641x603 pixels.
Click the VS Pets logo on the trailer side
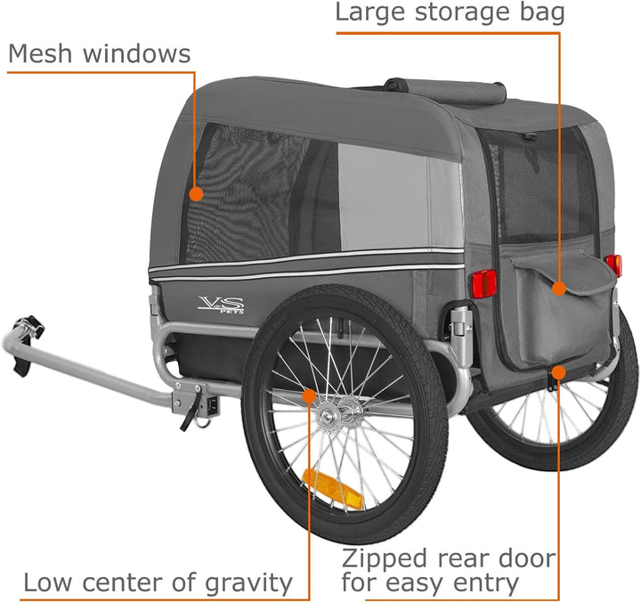coord(221,305)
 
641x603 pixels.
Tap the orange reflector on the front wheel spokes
coord(332,488)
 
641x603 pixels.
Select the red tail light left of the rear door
coord(484,283)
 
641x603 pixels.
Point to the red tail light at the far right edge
coord(613,265)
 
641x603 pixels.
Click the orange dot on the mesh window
coord(196,194)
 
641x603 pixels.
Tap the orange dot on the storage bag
coord(559,289)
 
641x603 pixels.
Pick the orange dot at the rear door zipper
coord(558,372)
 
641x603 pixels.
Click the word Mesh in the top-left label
coord(40,53)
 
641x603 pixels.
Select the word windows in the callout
coord(137,53)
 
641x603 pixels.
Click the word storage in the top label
coord(461,13)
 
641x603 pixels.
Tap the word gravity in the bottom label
coord(248,583)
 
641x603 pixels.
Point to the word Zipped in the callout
coord(385,558)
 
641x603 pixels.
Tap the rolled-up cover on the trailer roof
coord(445,91)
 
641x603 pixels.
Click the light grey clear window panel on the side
coord(400,198)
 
